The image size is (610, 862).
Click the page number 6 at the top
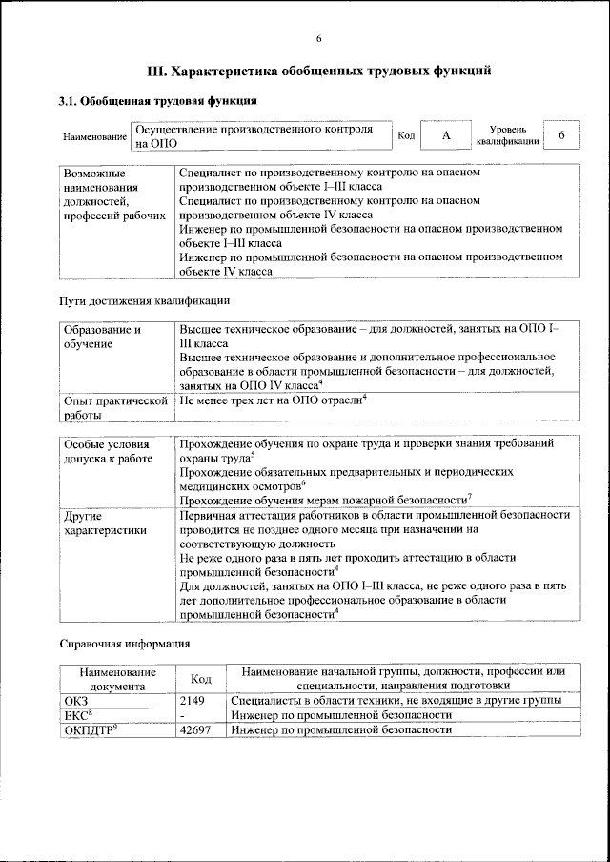coord(319,38)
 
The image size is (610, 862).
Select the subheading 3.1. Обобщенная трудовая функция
coord(157,101)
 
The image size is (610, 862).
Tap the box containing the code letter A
coord(445,135)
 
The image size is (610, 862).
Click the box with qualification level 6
coord(562,135)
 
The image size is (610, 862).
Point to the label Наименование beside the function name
coord(94,136)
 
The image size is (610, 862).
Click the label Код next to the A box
coord(405,135)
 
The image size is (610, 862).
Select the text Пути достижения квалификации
coord(144,301)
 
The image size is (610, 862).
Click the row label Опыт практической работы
coord(114,408)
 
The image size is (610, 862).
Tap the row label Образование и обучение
coord(102,338)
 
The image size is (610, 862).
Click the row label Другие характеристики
coord(104,523)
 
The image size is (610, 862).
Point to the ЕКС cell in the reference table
coord(78,714)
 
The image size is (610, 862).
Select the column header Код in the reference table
coord(201,678)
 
